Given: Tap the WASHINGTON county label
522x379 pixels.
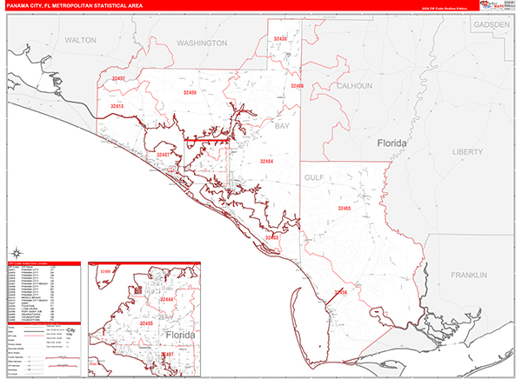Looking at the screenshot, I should [201, 42].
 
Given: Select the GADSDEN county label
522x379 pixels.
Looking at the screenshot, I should [492, 25].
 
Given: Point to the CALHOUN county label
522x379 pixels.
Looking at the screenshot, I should [354, 86].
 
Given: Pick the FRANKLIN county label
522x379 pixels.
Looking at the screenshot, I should [472, 275].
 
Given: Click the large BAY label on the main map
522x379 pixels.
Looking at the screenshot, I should [282, 126].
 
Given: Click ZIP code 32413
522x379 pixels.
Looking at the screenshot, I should [117, 106].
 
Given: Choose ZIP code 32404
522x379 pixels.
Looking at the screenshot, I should [266, 162].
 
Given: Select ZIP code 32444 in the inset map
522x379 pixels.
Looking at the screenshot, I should [167, 298].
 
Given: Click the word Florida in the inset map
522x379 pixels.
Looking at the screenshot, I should [180, 334].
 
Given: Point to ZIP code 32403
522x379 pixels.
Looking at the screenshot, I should [272, 236].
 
